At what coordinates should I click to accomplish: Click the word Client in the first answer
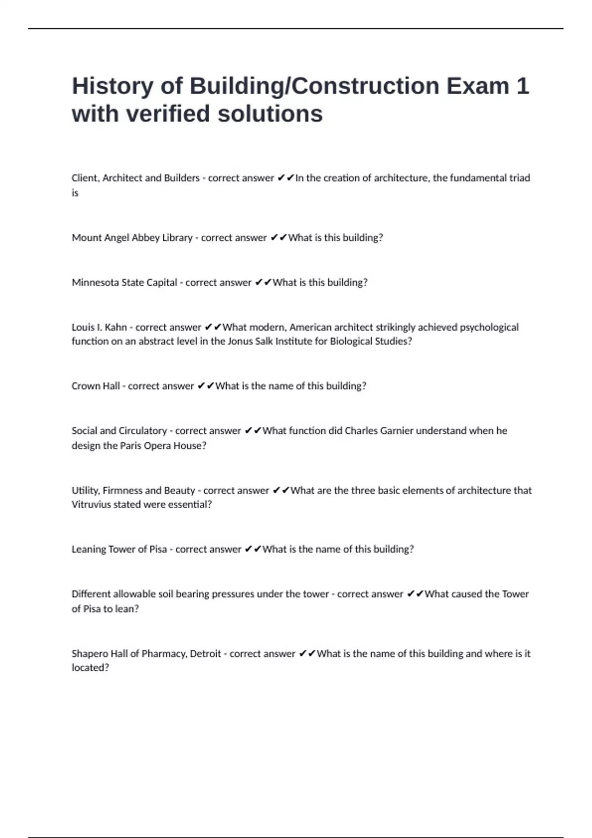pos(85,178)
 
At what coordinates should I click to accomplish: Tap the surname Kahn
pos(116,327)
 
